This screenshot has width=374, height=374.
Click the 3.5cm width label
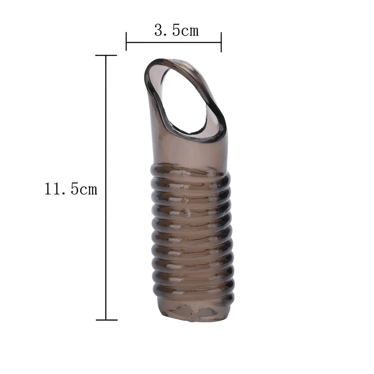click(x=176, y=30)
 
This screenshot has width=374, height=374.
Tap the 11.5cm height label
click(x=71, y=189)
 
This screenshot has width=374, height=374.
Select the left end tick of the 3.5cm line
click(x=126, y=41)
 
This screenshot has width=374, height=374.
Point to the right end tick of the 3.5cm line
click(x=221, y=42)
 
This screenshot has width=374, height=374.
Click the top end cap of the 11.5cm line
click(x=106, y=55)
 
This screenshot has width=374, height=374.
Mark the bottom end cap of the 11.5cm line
click(x=107, y=320)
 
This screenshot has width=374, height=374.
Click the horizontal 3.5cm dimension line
click(x=174, y=42)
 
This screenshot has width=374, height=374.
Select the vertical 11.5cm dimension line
click(x=106, y=188)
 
